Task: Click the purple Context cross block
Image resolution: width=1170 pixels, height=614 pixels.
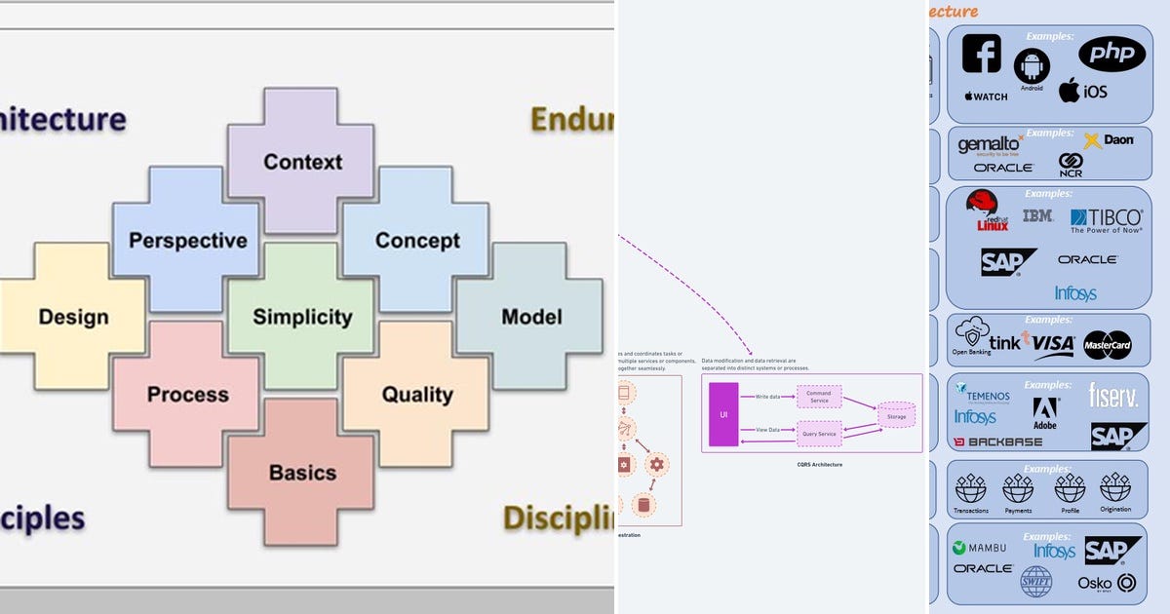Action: pos(301,161)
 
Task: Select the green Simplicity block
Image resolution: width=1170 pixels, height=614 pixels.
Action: pos(301,317)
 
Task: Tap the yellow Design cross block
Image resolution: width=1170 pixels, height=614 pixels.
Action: pos(73,317)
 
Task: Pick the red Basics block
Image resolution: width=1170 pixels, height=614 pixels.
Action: pos(301,473)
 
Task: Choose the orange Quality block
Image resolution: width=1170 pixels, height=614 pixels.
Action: pos(416,395)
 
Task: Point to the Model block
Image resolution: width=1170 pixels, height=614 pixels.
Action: pos(530,317)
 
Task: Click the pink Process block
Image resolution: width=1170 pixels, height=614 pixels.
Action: pos(186,395)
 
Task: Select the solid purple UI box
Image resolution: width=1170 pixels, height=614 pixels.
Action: pos(723,414)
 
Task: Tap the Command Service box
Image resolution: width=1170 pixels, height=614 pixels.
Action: pos(818,397)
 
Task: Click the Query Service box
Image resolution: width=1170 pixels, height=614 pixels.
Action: pos(818,434)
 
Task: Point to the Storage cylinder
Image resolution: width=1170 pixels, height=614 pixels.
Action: pos(895,416)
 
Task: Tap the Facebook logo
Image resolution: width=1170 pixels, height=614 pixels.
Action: pos(982,55)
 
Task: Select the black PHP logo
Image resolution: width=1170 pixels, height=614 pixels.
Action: pos(1111,55)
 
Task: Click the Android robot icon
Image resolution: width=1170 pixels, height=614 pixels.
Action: pos(1032,67)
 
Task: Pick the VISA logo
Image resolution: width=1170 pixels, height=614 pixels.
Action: pos(1053,344)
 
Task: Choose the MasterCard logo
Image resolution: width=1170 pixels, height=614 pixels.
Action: pos(1107,344)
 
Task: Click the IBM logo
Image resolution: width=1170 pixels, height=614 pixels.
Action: pos(1037,215)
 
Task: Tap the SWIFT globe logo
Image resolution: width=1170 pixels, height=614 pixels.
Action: pos(1035,582)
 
